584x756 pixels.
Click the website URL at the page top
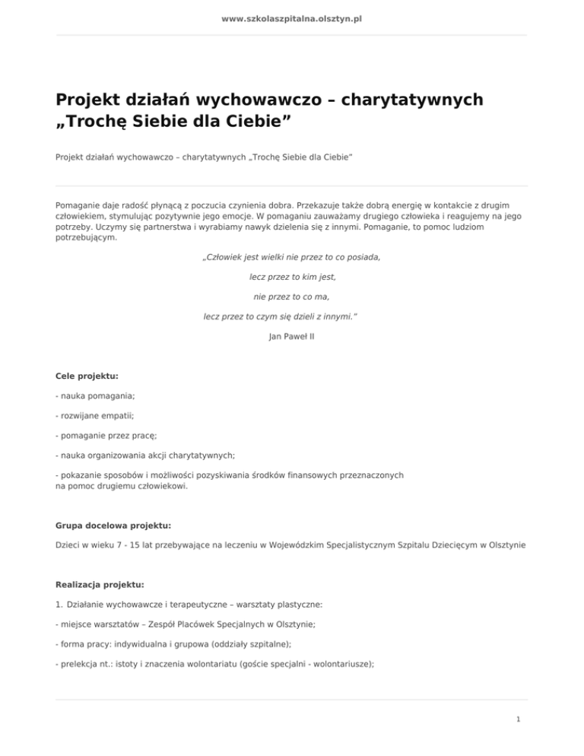[x=291, y=17]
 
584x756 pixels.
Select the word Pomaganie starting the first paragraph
[x=79, y=205]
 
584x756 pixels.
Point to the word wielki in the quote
[x=275, y=257]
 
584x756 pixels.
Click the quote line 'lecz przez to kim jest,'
[x=292, y=277]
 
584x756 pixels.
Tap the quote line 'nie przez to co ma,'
[x=292, y=296]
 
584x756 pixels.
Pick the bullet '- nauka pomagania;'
[x=93, y=395]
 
